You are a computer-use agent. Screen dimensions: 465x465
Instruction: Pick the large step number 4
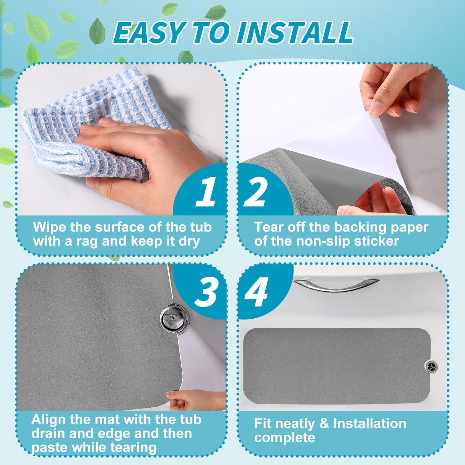tap(256, 291)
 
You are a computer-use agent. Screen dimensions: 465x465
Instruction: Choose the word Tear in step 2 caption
tap(269, 227)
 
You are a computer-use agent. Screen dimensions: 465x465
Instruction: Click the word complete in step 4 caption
tap(285, 438)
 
